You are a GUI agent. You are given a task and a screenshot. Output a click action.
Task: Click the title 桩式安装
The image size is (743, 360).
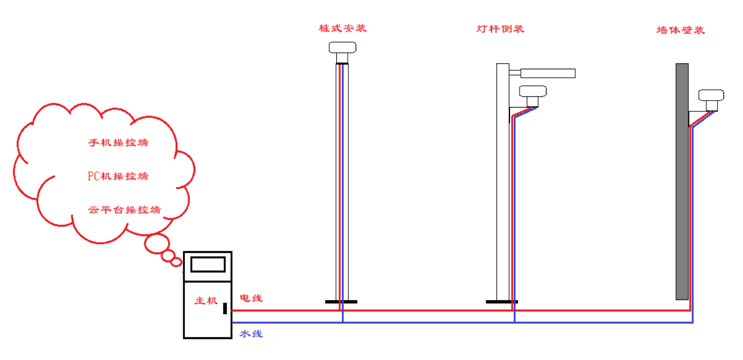tap(342, 28)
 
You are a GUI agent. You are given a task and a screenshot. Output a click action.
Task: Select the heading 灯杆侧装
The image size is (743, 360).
tap(500, 29)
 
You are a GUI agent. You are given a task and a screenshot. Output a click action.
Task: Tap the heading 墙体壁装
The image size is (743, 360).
tap(680, 30)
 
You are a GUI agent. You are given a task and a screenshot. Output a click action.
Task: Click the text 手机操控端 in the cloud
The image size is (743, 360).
tap(118, 143)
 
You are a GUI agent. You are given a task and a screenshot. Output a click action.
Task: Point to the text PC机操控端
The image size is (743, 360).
tap(118, 176)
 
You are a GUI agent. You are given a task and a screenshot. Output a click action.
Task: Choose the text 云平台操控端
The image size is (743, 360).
tap(124, 210)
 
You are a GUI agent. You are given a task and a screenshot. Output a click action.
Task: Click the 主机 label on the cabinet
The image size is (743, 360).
tap(205, 301)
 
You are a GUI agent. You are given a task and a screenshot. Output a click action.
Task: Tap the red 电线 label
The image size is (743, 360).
tap(251, 298)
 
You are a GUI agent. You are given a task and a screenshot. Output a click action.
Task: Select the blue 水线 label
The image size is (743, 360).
tap(251, 334)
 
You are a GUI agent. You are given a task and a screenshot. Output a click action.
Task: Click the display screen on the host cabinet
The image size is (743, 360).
tap(208, 264)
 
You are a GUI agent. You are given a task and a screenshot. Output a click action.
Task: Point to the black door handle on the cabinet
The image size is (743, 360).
tap(225, 309)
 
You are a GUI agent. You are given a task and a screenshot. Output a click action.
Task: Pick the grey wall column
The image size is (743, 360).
tap(682, 181)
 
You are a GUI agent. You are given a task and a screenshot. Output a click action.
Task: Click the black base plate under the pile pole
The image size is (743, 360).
tap(341, 302)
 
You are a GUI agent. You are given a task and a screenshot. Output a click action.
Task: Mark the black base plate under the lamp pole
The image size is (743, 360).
tap(501, 302)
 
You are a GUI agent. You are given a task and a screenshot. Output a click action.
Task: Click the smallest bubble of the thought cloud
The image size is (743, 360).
tap(176, 262)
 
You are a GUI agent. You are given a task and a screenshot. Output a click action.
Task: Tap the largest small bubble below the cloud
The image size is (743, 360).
tap(157, 244)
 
